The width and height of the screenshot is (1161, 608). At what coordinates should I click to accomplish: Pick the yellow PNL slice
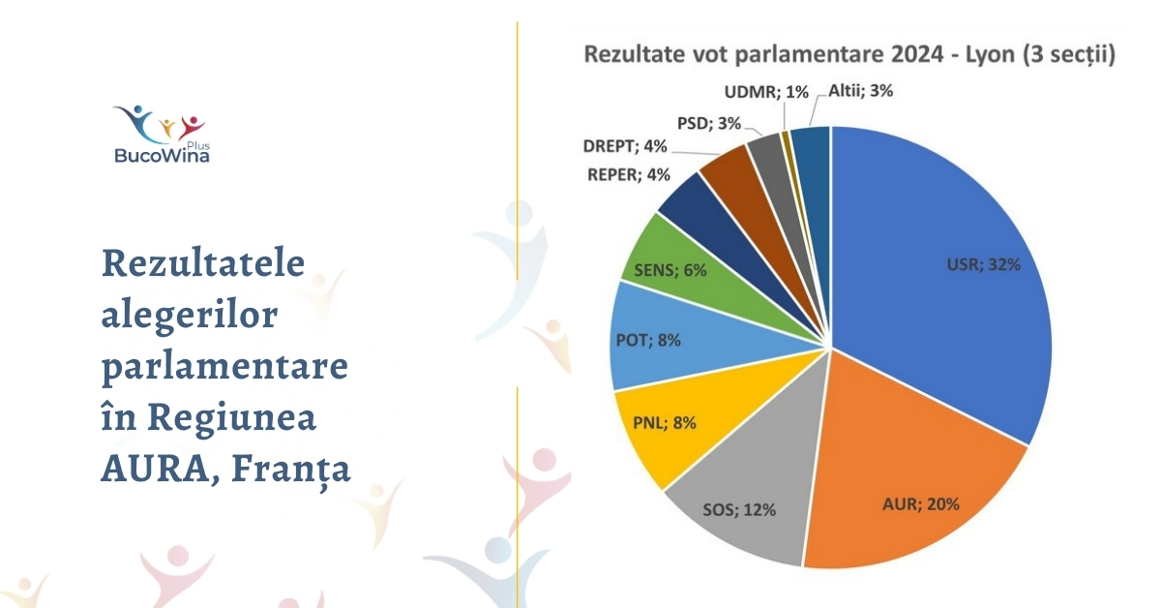point(658,426)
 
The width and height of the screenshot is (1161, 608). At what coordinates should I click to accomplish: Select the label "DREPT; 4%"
point(625,147)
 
